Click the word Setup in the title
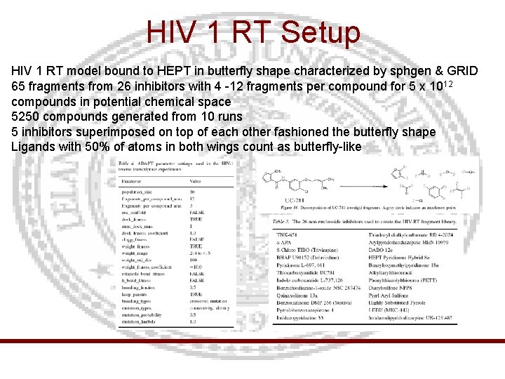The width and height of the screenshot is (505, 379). click(x=320, y=32)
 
